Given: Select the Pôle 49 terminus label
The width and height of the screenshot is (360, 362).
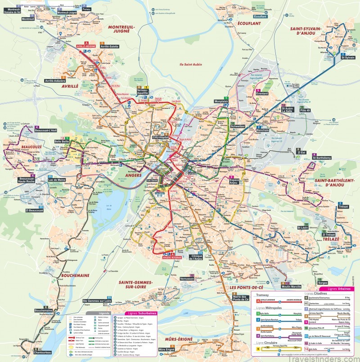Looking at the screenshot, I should coord(305,109).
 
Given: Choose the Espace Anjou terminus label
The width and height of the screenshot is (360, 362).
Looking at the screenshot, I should coord(234,181).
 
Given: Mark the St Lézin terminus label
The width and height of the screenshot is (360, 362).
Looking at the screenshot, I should coord(303,228).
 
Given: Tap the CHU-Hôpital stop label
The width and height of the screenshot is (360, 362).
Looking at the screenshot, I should coord(160,138).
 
